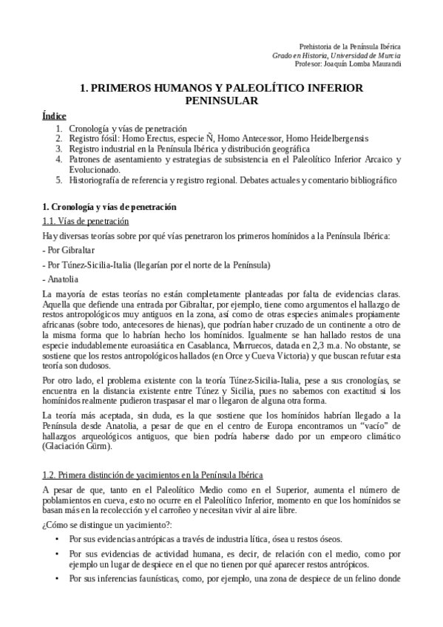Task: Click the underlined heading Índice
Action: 55,116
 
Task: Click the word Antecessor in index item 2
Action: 266,138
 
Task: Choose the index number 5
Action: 58,179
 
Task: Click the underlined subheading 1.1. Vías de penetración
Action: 86,221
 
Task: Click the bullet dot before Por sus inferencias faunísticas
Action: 58,577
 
